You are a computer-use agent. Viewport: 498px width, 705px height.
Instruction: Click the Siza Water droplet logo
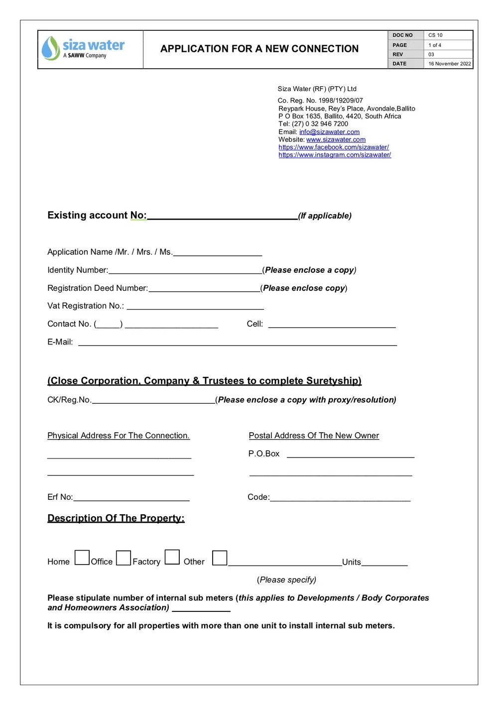click(x=51, y=48)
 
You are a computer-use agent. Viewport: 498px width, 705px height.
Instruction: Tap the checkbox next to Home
click(x=82, y=558)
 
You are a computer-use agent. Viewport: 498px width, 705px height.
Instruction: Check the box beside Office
click(x=124, y=558)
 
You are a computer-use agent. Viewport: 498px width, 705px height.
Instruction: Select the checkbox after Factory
click(x=172, y=557)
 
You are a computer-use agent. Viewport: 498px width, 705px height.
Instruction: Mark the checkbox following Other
click(x=220, y=558)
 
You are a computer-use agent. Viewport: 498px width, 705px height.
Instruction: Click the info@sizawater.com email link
click(x=329, y=132)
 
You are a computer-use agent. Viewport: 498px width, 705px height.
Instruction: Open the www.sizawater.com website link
click(x=336, y=140)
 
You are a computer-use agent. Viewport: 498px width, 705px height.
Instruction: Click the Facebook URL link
click(x=334, y=147)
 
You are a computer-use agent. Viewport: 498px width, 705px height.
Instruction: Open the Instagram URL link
click(x=335, y=155)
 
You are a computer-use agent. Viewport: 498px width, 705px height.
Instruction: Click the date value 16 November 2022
click(x=449, y=64)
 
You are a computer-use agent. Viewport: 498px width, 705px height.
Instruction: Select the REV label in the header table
click(x=397, y=54)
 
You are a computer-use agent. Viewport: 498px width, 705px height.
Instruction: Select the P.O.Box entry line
click(x=351, y=455)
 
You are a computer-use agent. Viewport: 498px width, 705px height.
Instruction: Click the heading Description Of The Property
click(x=116, y=518)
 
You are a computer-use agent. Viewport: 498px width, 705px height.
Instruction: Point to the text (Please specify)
click(x=286, y=580)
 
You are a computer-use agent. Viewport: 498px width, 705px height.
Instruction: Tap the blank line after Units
click(x=384, y=564)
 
